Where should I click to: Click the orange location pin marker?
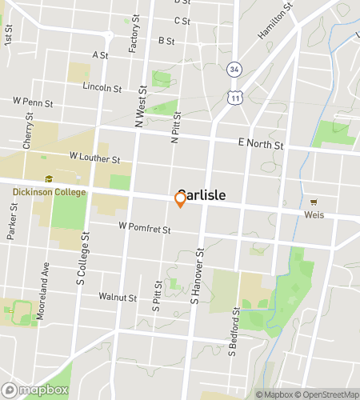click(180, 201)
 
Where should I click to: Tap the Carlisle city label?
click(202, 194)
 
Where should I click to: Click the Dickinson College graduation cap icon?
click(49, 179)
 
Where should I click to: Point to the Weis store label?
click(313, 214)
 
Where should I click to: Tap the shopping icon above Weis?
click(313, 202)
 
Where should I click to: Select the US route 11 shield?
click(233, 97)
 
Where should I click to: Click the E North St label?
click(261, 145)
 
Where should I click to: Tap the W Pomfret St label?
click(145, 230)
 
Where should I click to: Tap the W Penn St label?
click(32, 102)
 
